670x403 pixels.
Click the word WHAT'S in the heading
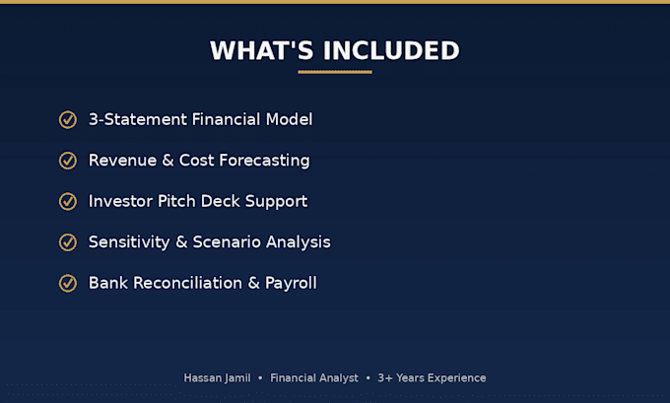click(261, 50)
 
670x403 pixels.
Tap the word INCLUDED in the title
click(391, 50)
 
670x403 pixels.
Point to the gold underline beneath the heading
click(335, 72)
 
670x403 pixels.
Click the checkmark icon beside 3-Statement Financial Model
click(68, 119)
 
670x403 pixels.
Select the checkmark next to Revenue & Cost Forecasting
click(68, 161)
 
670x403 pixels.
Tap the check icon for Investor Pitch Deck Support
click(68, 201)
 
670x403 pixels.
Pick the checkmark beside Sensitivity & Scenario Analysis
click(68, 242)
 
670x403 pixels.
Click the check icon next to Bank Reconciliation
click(68, 284)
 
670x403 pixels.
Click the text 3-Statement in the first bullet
click(138, 119)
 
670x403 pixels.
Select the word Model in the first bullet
click(290, 119)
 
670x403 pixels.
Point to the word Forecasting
click(264, 161)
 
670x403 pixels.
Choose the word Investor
click(120, 201)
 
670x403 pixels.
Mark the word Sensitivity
click(129, 242)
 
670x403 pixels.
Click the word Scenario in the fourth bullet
click(227, 241)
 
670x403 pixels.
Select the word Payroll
click(291, 284)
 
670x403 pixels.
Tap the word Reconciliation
click(187, 283)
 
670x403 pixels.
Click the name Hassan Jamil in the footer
click(217, 377)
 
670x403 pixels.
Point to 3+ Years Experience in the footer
click(432, 378)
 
